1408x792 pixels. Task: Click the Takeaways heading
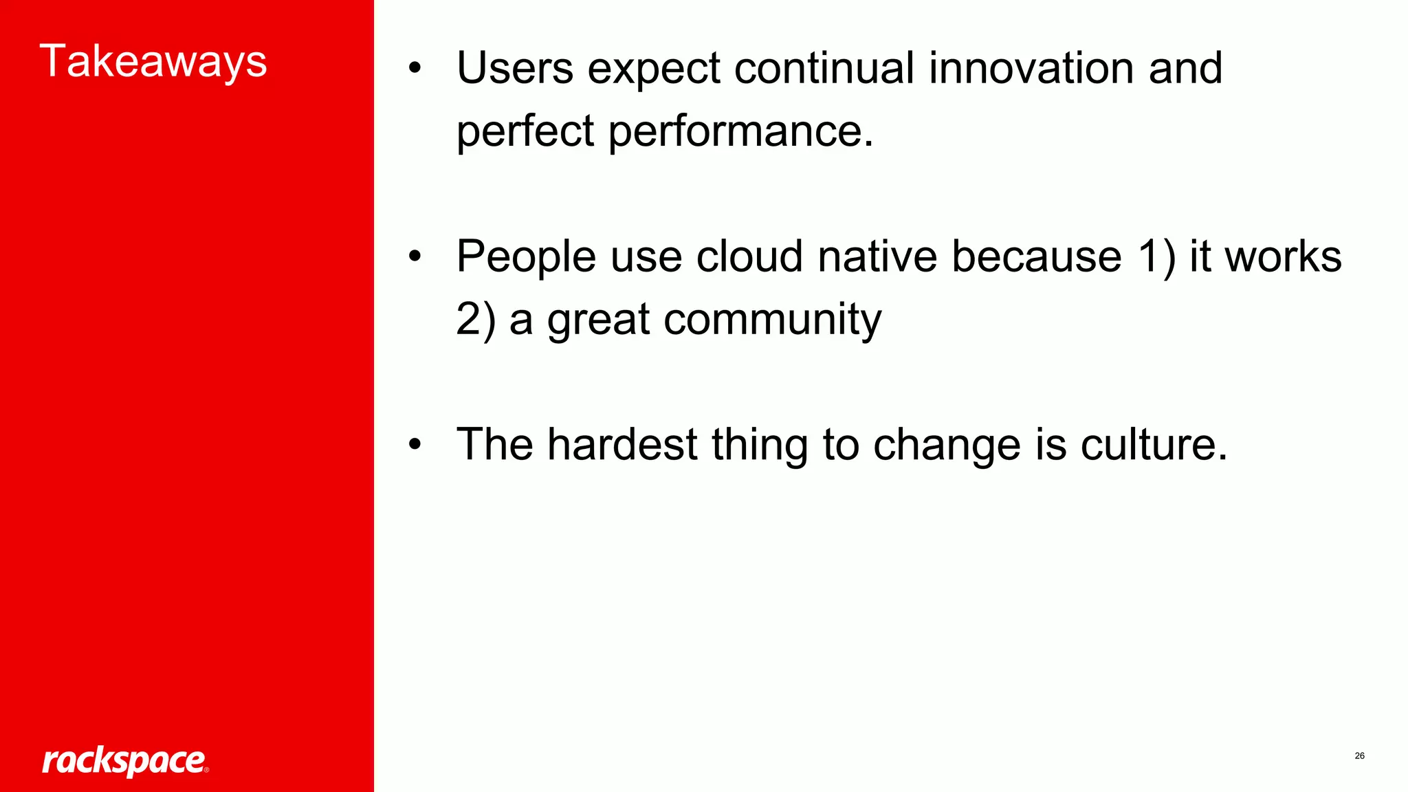coord(153,62)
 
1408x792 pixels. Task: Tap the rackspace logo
coord(124,761)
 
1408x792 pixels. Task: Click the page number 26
coord(1359,756)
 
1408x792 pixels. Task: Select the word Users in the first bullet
coord(514,68)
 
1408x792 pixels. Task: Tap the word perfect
coord(525,131)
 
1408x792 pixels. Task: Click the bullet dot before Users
coord(414,69)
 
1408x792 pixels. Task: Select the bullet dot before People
coord(414,256)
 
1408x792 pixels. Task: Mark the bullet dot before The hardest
coord(414,444)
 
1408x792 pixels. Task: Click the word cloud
coord(749,256)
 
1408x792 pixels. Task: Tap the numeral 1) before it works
coord(1156,256)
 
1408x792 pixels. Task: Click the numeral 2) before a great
coord(475,320)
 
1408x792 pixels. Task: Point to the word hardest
coord(622,444)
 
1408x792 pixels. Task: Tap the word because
coord(1036,256)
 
